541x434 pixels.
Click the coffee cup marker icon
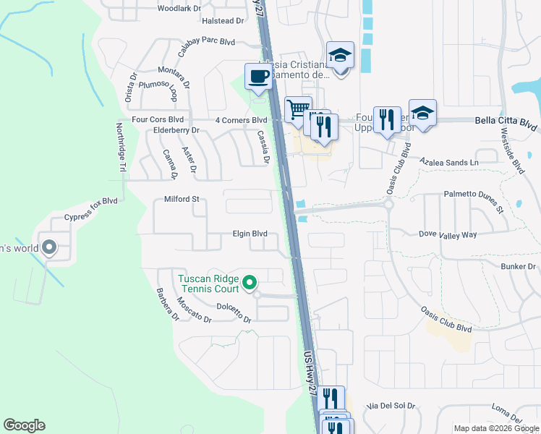258,75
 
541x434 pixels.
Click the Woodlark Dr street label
179,9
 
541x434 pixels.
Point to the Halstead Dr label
223,21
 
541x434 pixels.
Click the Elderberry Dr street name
176,130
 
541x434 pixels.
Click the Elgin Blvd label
250,234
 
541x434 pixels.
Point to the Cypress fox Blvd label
90,208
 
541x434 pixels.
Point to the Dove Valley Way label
448,234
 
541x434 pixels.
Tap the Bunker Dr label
519,267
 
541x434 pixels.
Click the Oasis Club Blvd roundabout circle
388,204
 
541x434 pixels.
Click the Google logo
24,425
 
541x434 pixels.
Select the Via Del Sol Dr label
391,406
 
